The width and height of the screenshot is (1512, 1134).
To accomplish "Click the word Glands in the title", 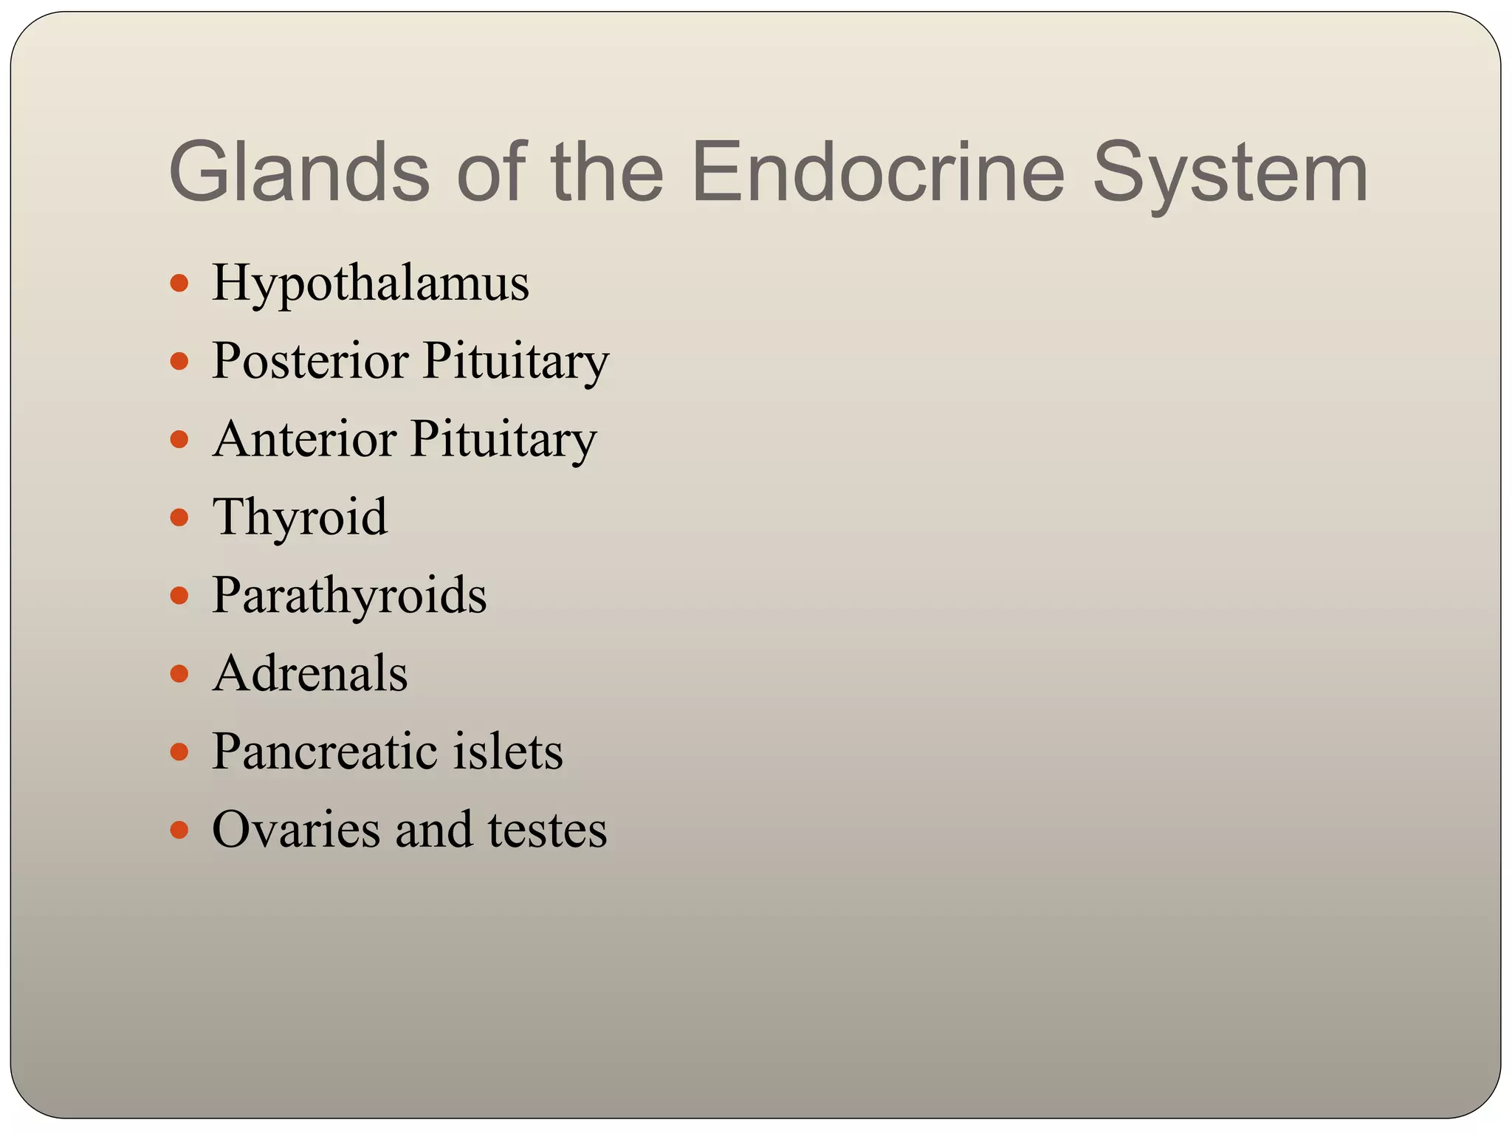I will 299,172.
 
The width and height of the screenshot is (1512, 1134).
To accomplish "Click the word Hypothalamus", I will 371,284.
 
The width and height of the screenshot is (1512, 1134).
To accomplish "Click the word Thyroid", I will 300,518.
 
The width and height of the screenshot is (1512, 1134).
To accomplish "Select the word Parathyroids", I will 349,596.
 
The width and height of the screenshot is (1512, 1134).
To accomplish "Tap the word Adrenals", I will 310,673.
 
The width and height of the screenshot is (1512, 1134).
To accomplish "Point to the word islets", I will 508,752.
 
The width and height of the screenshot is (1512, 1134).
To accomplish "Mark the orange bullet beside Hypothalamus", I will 179,283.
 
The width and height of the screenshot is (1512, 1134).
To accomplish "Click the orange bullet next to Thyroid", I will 179,517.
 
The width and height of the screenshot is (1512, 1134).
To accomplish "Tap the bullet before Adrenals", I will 179,673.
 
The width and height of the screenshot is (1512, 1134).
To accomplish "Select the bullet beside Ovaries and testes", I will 179,830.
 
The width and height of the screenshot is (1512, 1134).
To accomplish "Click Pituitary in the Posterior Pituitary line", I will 516,362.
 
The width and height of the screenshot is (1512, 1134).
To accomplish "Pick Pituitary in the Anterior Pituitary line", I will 504,439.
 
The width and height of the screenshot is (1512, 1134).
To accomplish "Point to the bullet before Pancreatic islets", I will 179,752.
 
